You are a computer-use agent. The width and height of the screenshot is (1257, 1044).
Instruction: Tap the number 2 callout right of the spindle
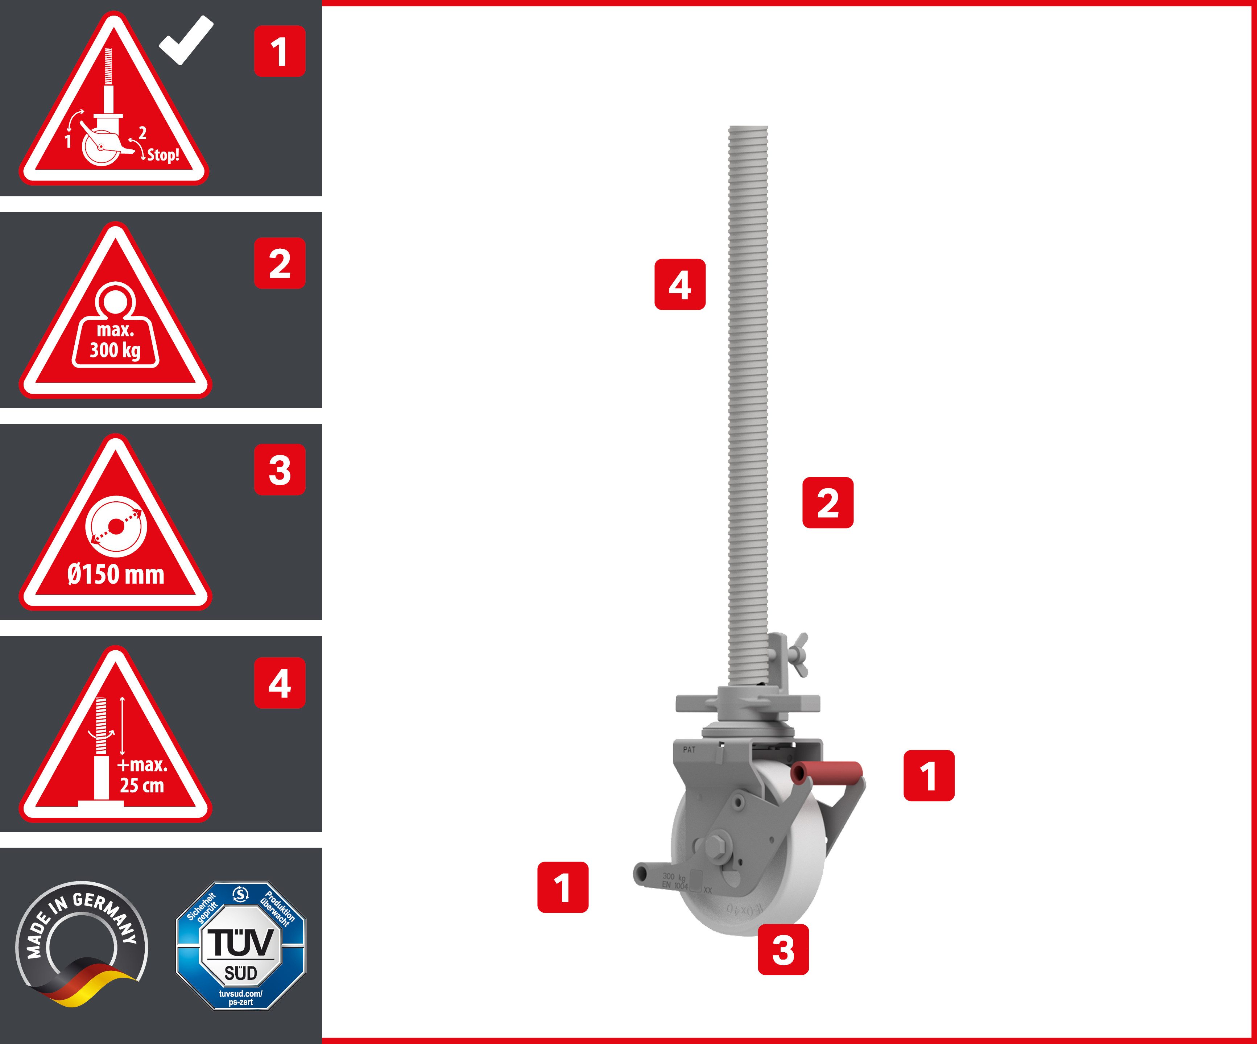(828, 503)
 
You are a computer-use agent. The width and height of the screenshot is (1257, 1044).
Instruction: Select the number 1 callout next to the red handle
(929, 775)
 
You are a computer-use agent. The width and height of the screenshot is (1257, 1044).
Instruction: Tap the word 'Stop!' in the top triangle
(163, 155)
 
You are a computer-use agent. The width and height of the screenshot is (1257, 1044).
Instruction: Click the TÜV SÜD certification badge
(241, 946)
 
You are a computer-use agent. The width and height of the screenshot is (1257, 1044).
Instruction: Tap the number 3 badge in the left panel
(280, 470)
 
